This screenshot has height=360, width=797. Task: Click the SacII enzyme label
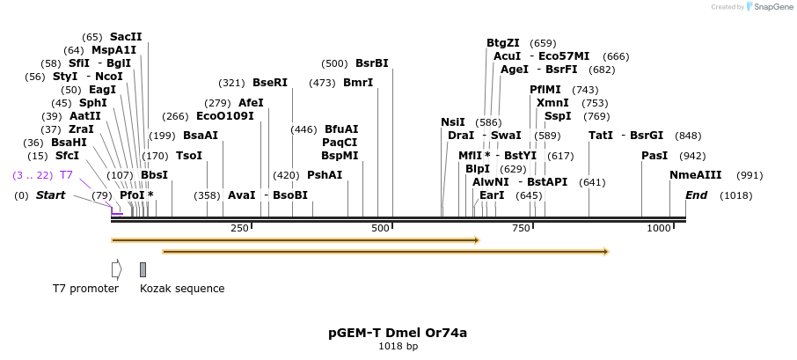126,37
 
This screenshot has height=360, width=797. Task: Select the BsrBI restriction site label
371,63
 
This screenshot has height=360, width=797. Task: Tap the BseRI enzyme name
270,83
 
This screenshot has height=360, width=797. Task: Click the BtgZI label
503,43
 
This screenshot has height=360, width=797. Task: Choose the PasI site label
654,156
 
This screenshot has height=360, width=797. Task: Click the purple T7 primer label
66,175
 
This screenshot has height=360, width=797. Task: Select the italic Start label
50,195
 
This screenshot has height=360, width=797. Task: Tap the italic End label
696,195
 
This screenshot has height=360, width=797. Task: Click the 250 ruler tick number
239,229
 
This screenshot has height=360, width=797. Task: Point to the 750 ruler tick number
522,229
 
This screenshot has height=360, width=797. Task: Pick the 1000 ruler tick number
659,229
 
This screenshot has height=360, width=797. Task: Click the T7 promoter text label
85,289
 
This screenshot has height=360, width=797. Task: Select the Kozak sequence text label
182,289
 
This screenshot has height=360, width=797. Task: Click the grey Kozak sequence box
143,269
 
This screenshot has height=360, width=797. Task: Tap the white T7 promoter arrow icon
116,269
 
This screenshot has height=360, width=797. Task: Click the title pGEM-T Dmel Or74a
398,333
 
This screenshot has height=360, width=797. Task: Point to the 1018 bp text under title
398,346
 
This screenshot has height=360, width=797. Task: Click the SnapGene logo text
771,7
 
